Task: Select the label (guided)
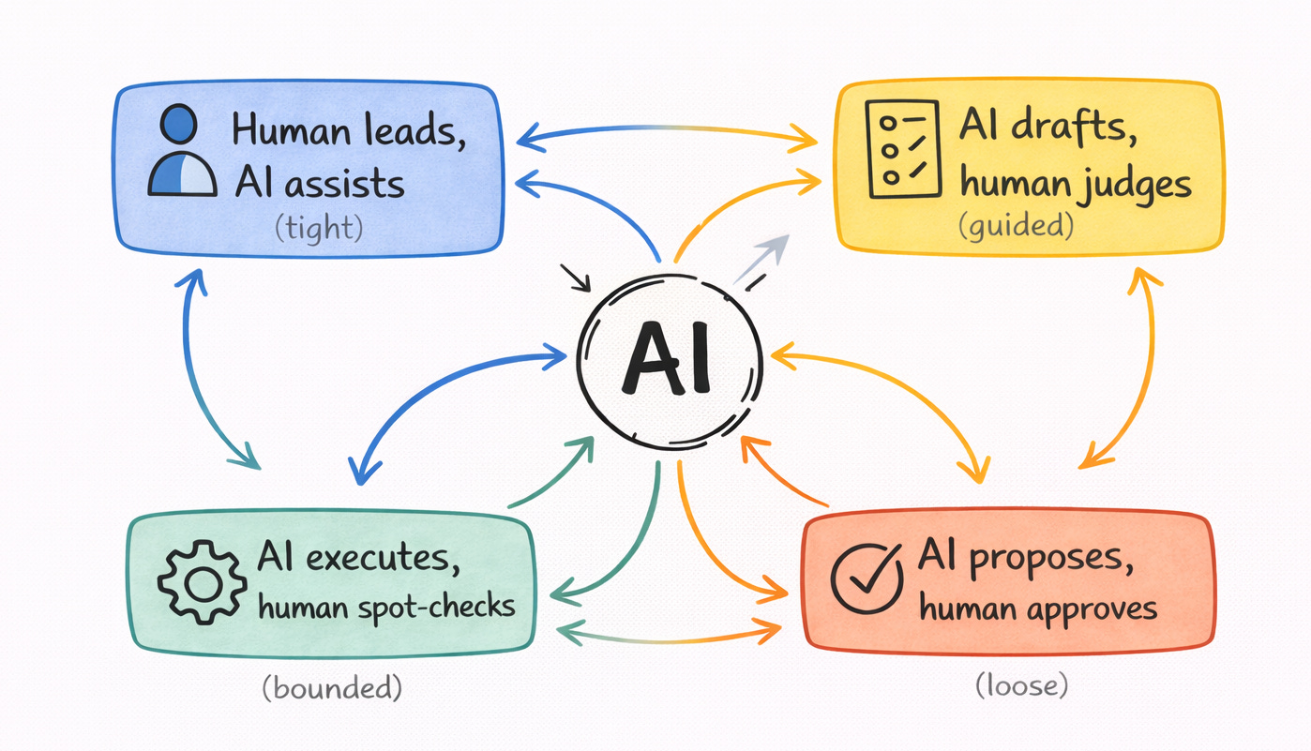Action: tap(1015, 226)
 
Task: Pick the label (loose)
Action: tap(1022, 685)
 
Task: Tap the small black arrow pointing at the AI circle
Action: tap(574, 278)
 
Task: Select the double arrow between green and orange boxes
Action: tap(670, 635)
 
